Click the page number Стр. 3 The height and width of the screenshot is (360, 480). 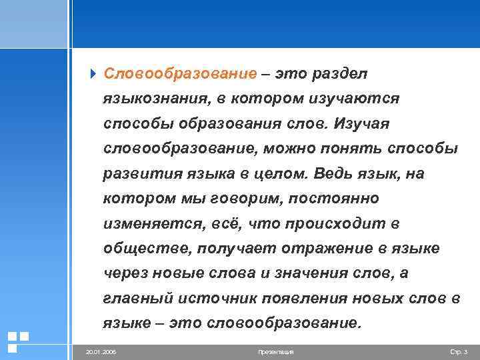coord(459,351)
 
